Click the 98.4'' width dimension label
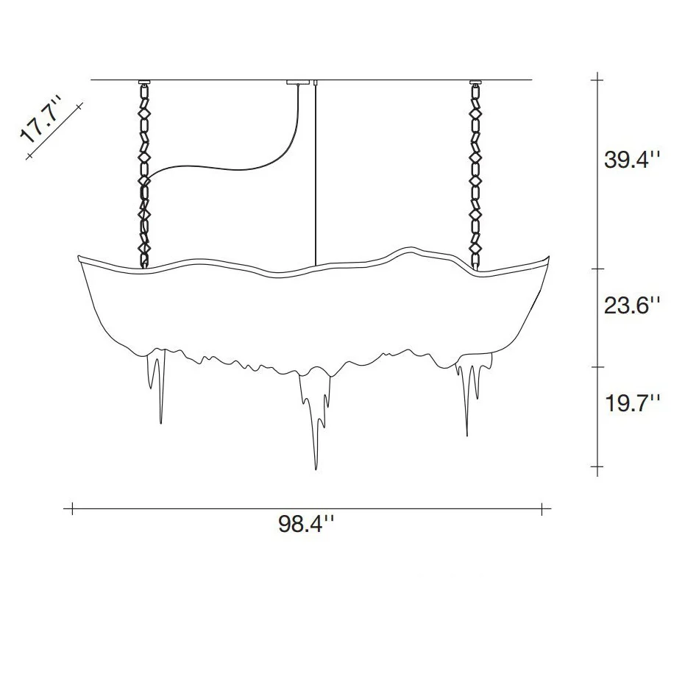coord(306,524)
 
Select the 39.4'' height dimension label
coord(632,160)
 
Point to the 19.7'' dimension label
coord(632,402)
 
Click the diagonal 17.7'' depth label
coord(40,119)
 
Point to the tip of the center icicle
coord(316,469)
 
